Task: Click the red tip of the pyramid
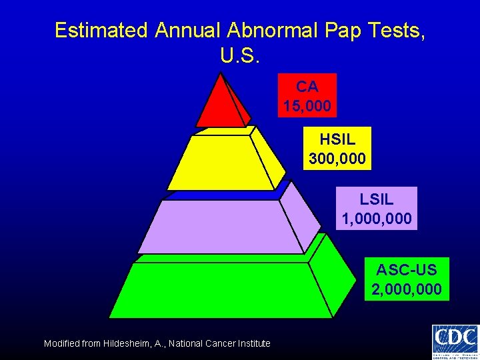[x=220, y=103]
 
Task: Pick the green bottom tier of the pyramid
[x=220, y=290]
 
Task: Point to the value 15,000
[x=307, y=106]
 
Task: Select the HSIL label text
[x=337, y=140]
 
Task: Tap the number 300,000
[x=337, y=159]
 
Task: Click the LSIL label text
[x=377, y=199]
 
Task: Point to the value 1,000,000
[x=377, y=218]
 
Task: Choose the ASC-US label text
[x=407, y=270]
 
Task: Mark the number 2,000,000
[x=407, y=289]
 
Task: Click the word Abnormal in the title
[x=271, y=31]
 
